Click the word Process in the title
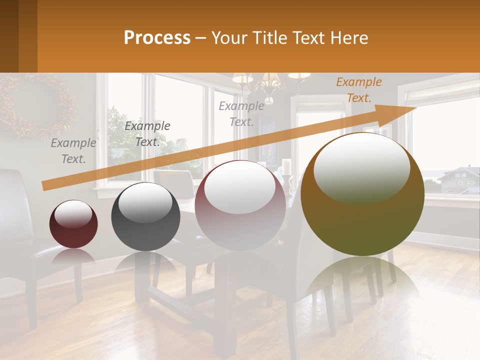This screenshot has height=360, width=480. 157,38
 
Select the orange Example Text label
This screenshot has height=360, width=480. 358,90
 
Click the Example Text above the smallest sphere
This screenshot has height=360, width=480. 73,151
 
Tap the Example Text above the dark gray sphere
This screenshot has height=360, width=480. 147,134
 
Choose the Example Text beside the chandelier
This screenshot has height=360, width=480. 241,113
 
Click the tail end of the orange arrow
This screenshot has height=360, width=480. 46,185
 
